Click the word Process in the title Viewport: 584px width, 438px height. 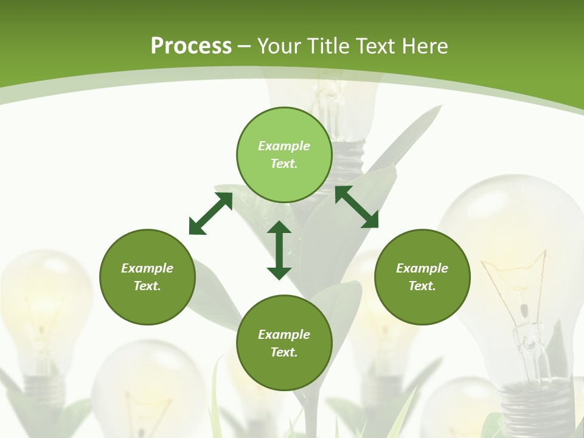pos(191,46)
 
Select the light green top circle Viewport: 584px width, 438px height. pos(284,155)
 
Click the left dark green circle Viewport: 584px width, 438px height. pos(147,277)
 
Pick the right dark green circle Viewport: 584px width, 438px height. pos(422,277)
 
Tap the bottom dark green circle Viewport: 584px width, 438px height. pos(284,343)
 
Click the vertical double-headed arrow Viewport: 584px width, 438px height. pos(279,250)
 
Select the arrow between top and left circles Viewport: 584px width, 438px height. pos(210,214)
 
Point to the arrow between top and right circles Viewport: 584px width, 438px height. pos(356,207)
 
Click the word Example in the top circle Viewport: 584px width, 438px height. pos(284,146)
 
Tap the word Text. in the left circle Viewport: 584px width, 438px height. pos(147,286)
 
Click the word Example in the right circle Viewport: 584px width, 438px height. pos(422,268)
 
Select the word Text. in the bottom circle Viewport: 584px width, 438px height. pos(284,352)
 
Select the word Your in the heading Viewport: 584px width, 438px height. pos(279,46)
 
